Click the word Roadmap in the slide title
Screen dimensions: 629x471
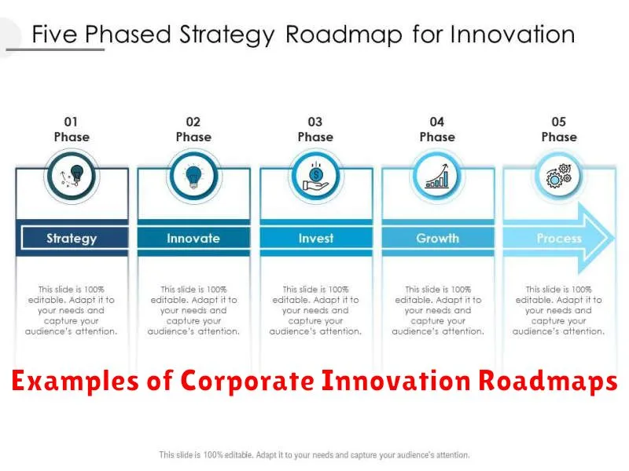point(344,35)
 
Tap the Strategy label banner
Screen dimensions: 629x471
point(72,238)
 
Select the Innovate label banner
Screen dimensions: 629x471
point(193,238)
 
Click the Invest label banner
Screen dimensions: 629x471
point(316,238)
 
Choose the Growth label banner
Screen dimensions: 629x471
point(438,238)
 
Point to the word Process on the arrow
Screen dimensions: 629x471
point(559,239)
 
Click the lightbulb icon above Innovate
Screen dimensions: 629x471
point(193,177)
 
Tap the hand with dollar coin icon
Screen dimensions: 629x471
point(316,177)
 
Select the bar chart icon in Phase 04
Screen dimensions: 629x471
point(437,176)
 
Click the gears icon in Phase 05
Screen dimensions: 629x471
point(559,176)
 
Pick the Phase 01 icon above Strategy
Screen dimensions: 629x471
point(72,176)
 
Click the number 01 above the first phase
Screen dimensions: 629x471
point(71,122)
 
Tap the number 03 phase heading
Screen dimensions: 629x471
point(315,122)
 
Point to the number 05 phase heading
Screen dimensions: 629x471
point(559,122)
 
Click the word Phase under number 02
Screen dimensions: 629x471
point(193,137)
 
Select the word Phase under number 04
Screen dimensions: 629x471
point(437,137)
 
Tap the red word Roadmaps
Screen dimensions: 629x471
point(548,381)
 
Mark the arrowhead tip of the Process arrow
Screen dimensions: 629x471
point(615,239)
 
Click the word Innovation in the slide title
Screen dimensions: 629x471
point(513,35)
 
